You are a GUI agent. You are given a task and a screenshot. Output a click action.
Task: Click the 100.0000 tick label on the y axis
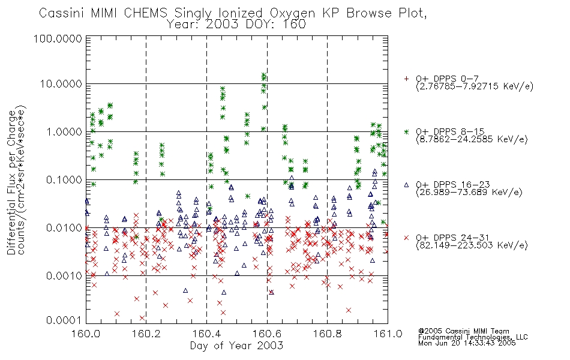58,38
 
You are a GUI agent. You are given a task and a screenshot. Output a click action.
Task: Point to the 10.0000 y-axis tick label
61,84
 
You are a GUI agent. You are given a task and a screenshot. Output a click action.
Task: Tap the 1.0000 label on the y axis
64,131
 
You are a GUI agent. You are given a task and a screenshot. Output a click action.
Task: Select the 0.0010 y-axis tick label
64,275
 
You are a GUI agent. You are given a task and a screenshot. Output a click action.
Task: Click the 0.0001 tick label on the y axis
64,320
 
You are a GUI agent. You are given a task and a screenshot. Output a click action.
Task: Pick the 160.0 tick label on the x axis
86,334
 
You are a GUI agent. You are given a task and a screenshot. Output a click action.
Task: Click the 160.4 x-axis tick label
206,334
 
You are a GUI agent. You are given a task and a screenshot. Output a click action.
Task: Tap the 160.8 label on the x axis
327,334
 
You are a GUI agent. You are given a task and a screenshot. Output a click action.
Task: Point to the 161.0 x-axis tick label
388,334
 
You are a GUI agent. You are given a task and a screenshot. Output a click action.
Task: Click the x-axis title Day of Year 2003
236,346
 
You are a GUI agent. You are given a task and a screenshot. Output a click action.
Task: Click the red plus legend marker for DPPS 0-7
406,79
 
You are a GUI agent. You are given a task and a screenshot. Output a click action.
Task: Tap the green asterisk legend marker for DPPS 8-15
406,131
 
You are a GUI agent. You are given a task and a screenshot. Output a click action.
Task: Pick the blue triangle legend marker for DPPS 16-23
406,185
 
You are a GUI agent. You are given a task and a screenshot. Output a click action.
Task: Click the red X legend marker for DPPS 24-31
406,238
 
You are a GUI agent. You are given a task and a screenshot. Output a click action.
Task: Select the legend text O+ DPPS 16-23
453,185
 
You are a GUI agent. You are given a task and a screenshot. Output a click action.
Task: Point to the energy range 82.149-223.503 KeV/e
472,245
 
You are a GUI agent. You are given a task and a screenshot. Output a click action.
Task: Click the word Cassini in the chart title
61,13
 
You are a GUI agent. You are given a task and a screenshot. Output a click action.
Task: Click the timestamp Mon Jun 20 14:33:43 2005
467,343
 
